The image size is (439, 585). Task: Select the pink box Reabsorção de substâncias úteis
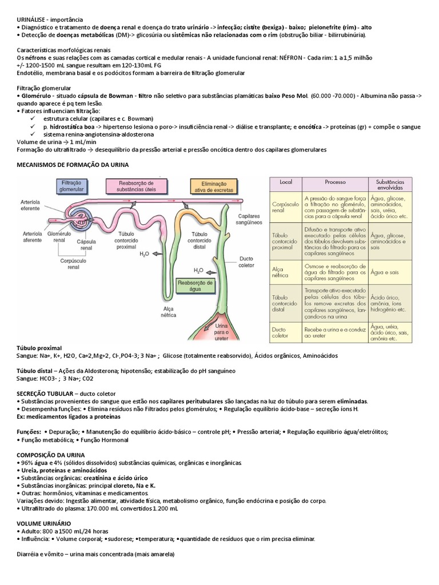[137, 185]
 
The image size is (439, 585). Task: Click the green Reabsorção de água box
[195, 285]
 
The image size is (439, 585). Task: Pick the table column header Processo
[335, 182]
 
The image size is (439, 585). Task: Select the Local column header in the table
[286, 182]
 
